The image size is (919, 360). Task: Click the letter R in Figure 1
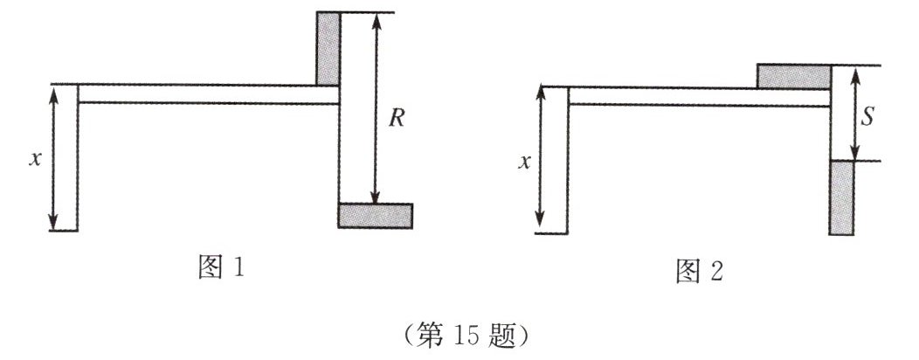click(x=396, y=119)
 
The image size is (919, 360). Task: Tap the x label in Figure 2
click(x=524, y=163)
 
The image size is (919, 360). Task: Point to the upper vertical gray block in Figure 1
click(x=328, y=49)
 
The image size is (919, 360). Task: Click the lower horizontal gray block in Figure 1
click(x=375, y=215)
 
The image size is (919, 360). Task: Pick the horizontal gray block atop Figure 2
click(x=793, y=76)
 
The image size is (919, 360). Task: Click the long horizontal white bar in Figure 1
click(x=208, y=94)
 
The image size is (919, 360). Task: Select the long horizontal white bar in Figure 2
click(x=699, y=96)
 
